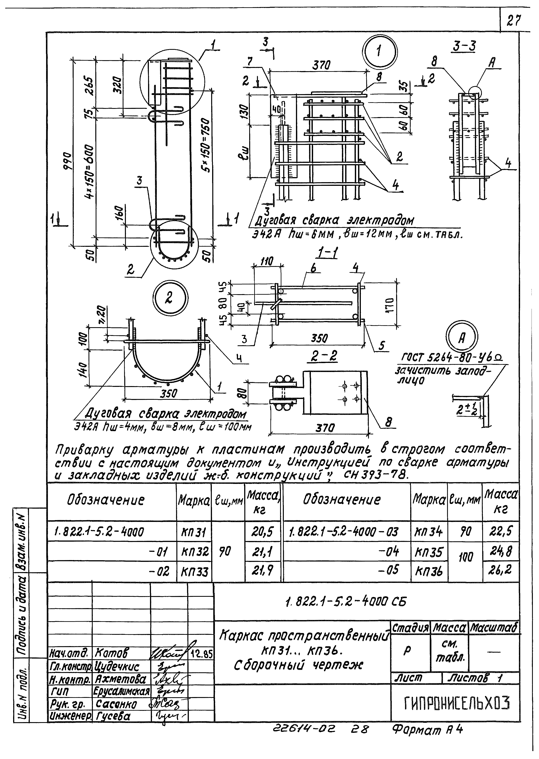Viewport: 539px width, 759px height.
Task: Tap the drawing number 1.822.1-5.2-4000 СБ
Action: point(345,601)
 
